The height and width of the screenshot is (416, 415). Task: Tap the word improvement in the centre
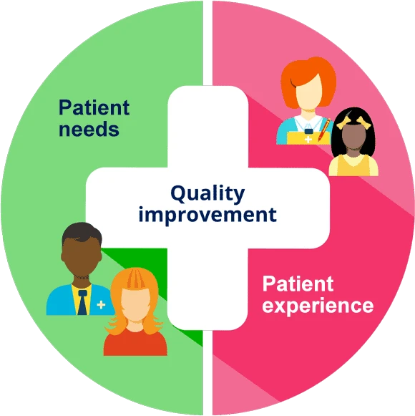(207, 215)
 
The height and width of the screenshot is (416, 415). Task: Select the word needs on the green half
(89, 129)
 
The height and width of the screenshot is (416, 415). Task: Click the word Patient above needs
(94, 107)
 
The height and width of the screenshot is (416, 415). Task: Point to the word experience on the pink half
(318, 306)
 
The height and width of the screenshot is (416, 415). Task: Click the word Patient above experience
(298, 284)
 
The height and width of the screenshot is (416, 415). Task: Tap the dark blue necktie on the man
(82, 302)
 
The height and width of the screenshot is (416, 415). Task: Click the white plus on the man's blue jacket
(101, 305)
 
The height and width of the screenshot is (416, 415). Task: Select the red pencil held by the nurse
(324, 130)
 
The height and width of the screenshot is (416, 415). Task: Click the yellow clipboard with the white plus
(308, 137)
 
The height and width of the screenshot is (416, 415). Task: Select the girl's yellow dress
(353, 165)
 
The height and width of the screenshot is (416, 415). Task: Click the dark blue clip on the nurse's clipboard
(308, 131)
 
